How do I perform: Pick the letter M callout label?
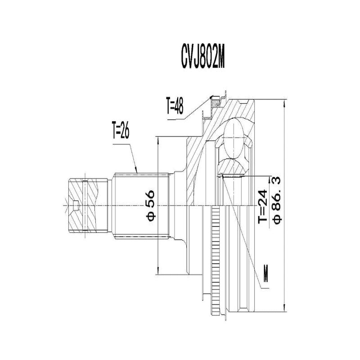coord(267,276)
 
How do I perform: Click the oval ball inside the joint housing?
coord(234,139)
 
